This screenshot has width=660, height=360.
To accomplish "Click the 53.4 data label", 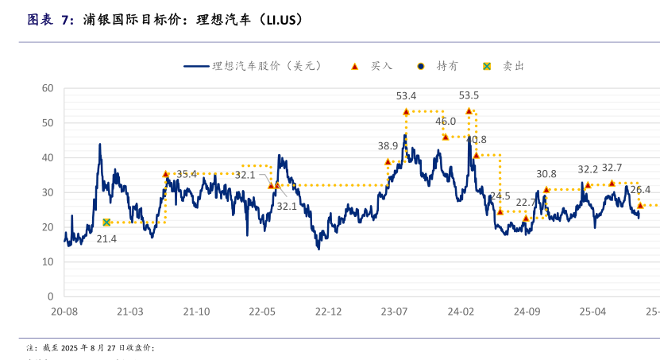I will pos(407,96).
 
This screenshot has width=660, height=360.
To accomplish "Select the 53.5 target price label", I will pos(469,95).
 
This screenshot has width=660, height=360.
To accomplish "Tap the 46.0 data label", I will pos(446,122).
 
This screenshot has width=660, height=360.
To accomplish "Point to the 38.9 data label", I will pos(388,146).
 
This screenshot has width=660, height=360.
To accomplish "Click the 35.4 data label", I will pos(187,174).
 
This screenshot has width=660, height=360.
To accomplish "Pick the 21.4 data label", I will pos(106,238).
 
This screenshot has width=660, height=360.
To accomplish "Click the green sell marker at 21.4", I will pos(106,223).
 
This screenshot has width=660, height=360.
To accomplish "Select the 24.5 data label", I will pos(500,196).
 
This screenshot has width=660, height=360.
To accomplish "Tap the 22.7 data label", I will pos(527,203).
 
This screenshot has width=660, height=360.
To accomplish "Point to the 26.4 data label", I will pos(640,190).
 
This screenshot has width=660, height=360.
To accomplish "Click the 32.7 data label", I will pos(612,168).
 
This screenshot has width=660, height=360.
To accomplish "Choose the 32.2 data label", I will pos(588,169).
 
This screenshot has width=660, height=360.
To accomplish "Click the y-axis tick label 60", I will pos(48,88).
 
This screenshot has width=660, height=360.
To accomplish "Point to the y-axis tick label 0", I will pos(51,296).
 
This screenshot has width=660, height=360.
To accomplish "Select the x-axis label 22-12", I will pos(328,312).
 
